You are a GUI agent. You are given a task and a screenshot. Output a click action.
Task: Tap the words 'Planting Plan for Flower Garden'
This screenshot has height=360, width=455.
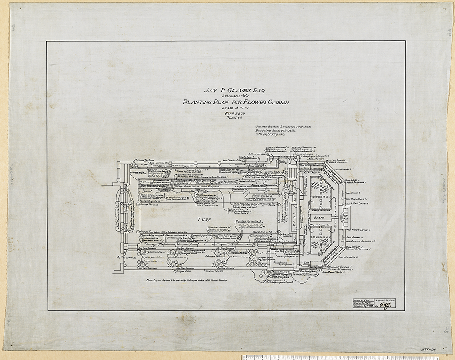click(236, 102)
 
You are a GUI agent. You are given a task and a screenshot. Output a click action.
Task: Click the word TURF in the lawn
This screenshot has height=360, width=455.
click(205, 219)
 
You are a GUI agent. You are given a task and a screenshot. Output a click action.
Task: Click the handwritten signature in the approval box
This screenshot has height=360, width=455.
click(386, 305)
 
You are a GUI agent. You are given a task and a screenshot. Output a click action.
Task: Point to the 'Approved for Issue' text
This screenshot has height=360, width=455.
click(385, 300)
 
